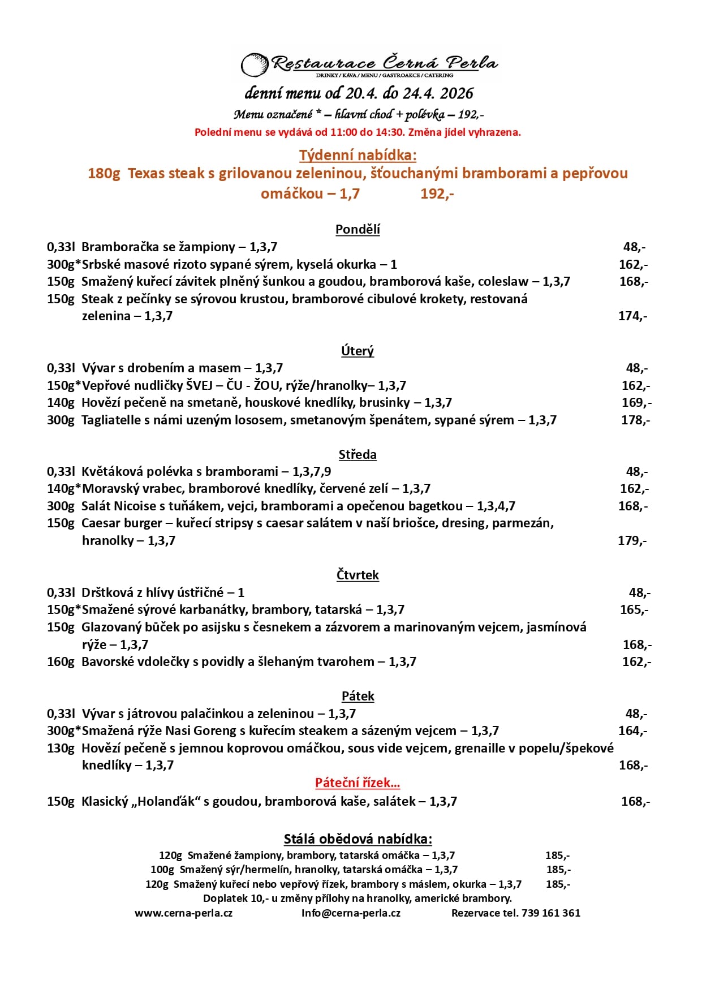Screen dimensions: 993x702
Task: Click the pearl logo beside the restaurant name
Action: [x=254, y=65]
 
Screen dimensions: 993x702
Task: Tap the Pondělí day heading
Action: [x=358, y=229]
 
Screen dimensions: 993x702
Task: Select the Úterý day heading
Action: [x=358, y=351]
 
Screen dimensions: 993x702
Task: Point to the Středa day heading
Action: [x=358, y=454]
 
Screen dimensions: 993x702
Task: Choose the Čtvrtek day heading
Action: [x=358, y=575]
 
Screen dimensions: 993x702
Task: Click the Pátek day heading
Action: [x=358, y=696]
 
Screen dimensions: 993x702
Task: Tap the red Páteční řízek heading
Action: [x=358, y=783]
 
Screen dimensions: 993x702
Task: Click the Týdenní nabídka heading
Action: [x=358, y=155]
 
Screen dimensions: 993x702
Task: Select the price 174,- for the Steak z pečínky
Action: [x=632, y=316]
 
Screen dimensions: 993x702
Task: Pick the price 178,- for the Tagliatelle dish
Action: [x=635, y=420]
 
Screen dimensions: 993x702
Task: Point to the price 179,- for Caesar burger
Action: [x=632, y=540]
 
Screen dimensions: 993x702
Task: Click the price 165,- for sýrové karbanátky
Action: [x=634, y=609]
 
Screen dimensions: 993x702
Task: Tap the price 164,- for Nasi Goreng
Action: [x=632, y=730]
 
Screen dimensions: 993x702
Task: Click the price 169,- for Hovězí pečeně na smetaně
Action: [x=636, y=402]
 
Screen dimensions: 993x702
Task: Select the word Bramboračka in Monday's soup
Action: [x=117, y=247]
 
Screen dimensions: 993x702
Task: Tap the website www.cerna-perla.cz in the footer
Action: [x=183, y=913]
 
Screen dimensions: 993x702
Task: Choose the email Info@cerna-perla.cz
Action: [x=351, y=913]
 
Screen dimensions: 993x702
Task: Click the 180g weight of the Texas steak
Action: [x=104, y=173]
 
